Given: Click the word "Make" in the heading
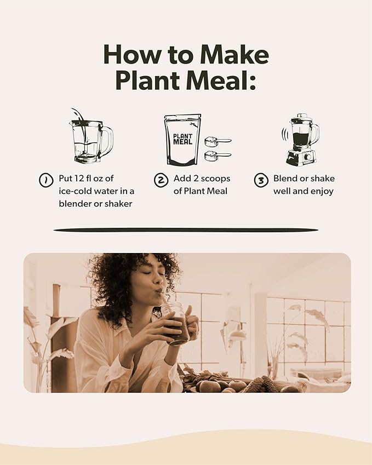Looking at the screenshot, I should coord(234,55).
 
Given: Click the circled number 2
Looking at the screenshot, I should coord(160,180).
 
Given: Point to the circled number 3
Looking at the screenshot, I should coord(261,180).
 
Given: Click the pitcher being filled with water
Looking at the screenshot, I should coord(89,140).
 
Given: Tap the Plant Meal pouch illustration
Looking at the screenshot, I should coord(182,140).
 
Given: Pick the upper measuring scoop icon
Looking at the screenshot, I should coord(217,141).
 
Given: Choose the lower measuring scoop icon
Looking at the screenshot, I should coord(217,156).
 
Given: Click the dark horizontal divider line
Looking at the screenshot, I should coord(186,229).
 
